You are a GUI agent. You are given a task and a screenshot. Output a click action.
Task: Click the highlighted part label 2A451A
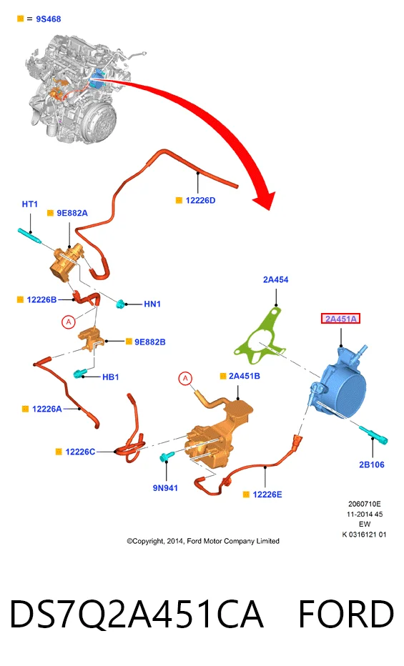[340, 319]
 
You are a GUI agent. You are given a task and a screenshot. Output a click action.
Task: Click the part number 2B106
[372, 464]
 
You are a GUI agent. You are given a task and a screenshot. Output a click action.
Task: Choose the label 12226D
[200, 201]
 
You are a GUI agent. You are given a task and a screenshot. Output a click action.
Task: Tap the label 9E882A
[72, 213]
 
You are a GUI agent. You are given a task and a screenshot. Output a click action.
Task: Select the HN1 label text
[152, 304]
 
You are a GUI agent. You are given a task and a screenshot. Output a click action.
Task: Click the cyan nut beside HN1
[121, 304]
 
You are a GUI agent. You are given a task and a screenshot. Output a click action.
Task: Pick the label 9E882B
[150, 342]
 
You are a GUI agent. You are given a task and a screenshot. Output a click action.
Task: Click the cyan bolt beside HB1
[79, 374]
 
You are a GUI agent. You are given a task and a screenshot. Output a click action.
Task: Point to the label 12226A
[46, 409]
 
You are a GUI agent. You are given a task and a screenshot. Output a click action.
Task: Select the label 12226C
[80, 452]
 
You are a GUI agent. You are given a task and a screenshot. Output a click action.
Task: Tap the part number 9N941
[165, 488]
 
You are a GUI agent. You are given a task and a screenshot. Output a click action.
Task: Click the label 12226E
[267, 494]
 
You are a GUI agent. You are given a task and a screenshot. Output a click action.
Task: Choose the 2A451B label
[245, 377]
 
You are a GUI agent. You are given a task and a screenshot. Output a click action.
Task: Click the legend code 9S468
[49, 19]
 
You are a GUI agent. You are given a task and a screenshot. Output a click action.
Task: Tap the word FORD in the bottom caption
[346, 614]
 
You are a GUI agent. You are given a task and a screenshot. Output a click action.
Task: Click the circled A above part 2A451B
[185, 379]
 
